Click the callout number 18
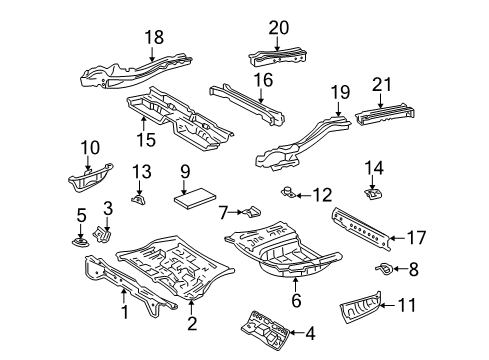pyautogui.click(x=153, y=37)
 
